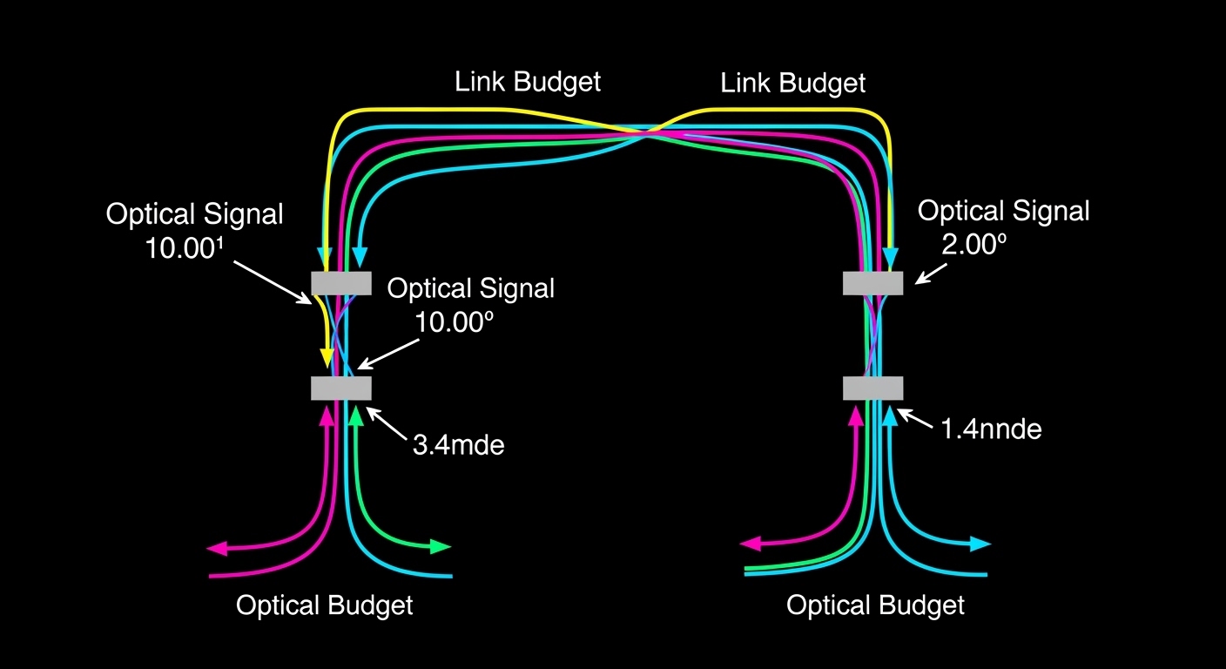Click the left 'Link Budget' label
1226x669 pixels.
(x=528, y=83)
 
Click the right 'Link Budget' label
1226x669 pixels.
(x=793, y=84)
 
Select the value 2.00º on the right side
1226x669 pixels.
(x=973, y=245)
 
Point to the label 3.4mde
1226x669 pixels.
(x=458, y=445)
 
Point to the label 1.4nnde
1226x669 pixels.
(x=991, y=429)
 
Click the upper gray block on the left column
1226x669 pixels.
(x=341, y=283)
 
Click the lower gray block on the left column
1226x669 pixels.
(x=341, y=388)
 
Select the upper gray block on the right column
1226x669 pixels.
(x=872, y=283)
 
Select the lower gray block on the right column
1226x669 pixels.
(x=872, y=388)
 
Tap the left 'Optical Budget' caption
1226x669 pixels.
(x=324, y=605)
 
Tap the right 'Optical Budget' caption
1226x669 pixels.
(x=875, y=605)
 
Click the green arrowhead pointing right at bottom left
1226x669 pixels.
(x=441, y=547)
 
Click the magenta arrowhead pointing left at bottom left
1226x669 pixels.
(x=217, y=548)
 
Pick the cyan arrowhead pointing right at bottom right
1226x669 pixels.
(x=981, y=544)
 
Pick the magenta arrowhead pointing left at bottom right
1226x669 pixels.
(x=750, y=544)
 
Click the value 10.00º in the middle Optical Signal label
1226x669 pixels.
(x=455, y=323)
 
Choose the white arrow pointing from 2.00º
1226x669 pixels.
(x=927, y=274)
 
